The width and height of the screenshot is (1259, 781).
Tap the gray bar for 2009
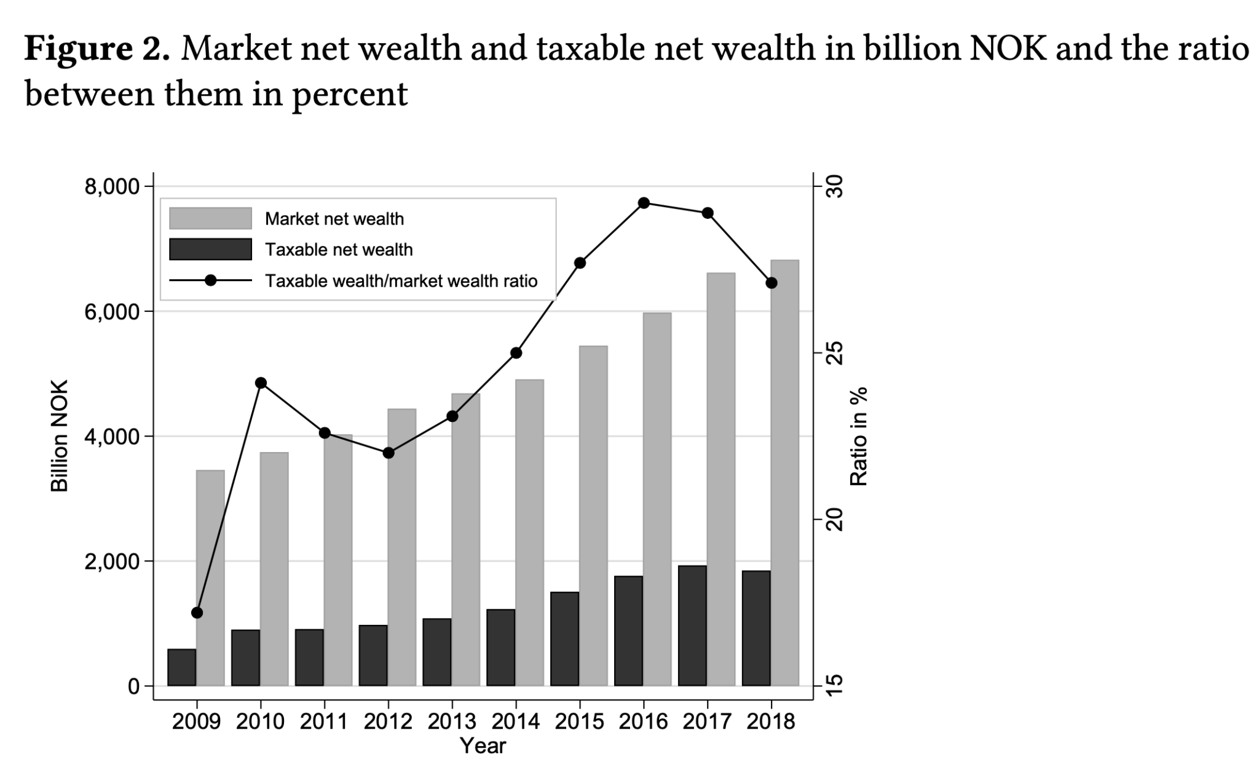pos(210,578)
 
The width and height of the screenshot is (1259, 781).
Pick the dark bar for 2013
pos(437,652)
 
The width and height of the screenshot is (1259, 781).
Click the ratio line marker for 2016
pos(644,203)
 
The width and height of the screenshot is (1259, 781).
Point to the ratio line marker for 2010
pos(261,383)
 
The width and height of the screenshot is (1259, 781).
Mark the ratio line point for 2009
pos(197,613)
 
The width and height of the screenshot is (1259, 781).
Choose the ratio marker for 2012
pos(389,453)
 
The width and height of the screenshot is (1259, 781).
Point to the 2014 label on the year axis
pos(515,721)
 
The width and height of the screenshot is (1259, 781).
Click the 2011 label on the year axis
pos(324,721)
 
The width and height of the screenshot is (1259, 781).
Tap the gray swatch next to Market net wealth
pos(210,218)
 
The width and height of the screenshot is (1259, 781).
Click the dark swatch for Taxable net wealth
pos(210,249)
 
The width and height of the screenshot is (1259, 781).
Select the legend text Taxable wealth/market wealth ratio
pos(401,281)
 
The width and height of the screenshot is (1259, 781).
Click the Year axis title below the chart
pos(483,746)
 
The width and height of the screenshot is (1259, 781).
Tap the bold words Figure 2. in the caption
pos(97,49)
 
